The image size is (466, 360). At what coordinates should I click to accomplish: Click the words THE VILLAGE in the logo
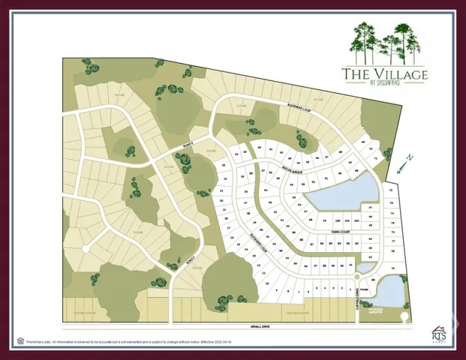tap(384, 74)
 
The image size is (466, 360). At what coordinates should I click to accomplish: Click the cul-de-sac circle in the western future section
tap(86, 247)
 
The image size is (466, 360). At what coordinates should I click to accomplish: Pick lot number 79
tap(392, 279)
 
